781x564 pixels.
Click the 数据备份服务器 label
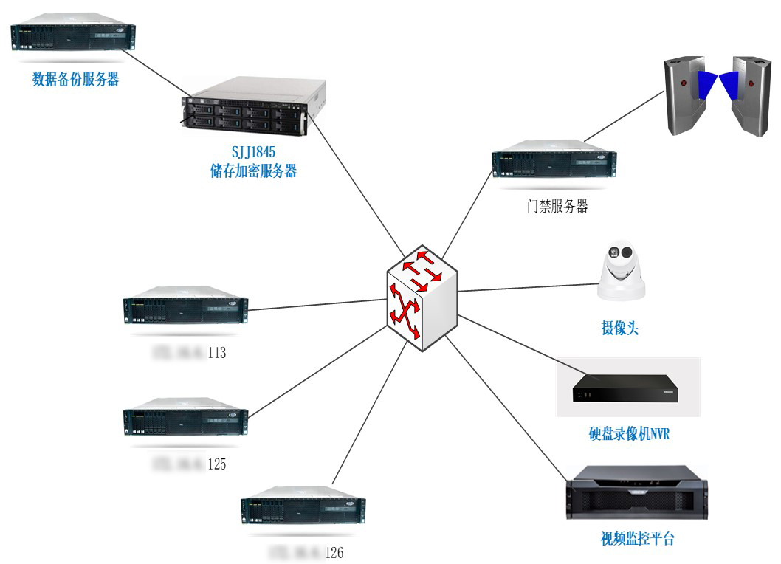76,80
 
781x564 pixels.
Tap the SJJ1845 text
253,153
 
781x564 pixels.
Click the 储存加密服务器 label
253,171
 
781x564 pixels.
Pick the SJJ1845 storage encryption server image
254,106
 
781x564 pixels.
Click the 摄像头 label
620,328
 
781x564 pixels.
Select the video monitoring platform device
636,493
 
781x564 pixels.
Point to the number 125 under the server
216,465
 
